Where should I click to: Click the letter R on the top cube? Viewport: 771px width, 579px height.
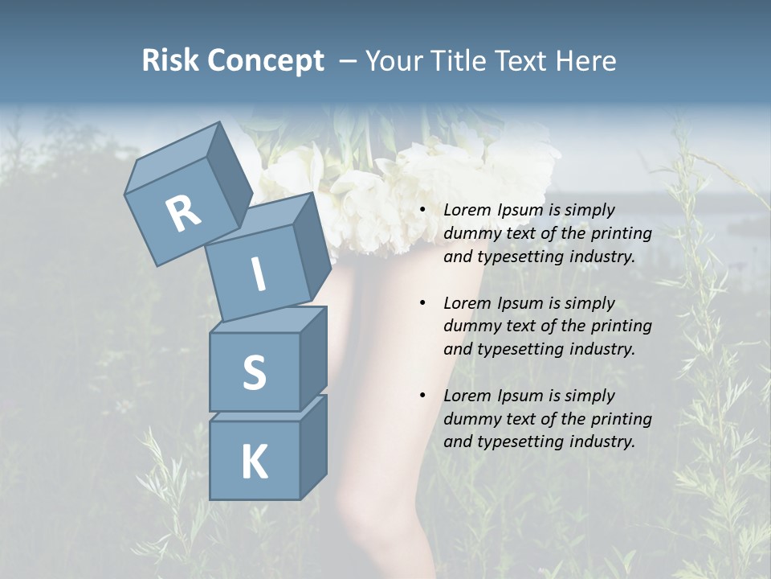[x=183, y=214]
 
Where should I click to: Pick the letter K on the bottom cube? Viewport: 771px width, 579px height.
[x=254, y=462]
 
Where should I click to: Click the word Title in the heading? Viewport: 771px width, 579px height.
[x=460, y=60]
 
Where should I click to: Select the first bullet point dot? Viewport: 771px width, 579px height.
[x=423, y=211]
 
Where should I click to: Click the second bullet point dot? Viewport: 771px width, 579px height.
[x=423, y=304]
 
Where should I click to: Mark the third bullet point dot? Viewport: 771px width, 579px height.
[x=423, y=396]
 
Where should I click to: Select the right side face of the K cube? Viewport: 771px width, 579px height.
[x=313, y=447]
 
